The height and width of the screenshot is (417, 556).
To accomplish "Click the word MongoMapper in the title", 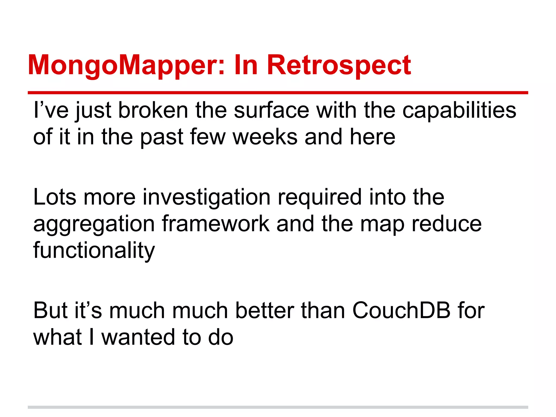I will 126,65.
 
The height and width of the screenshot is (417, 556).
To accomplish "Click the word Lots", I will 55,197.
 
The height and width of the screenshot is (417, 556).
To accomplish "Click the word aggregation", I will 94,224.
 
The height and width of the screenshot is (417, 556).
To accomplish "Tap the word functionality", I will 94,250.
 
